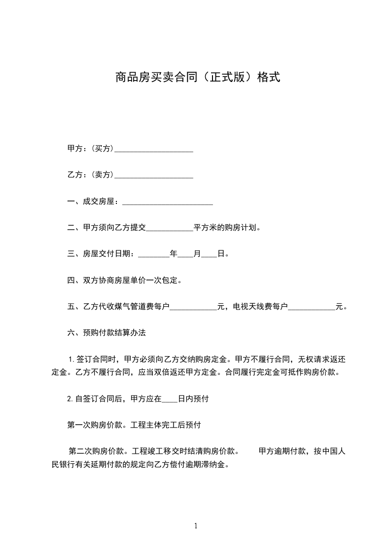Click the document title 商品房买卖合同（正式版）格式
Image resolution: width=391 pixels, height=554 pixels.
coord(197,78)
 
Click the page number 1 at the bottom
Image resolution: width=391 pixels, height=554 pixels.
coord(196,526)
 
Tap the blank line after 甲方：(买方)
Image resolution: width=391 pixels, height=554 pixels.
coord(153,149)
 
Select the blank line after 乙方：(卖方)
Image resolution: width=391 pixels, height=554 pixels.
coord(153,175)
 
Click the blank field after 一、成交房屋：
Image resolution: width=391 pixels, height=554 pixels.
coord(167,202)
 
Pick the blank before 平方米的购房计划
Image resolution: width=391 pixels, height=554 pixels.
coord(170,229)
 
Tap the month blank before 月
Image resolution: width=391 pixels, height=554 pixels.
coord(185,255)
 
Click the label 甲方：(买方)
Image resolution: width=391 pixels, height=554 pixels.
coord(90,149)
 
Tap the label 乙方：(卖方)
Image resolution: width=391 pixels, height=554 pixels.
coord(90,175)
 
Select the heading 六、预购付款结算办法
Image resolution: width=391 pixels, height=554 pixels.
coord(107,333)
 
